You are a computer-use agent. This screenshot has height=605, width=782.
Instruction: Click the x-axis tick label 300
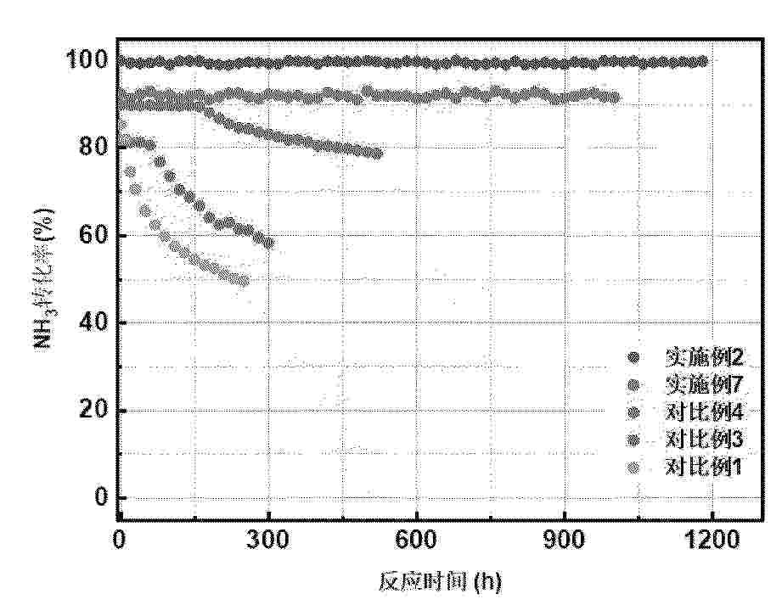pos(268,537)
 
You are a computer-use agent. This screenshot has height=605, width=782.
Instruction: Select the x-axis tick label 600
pos(416,537)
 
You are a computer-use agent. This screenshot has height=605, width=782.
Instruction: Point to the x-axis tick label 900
pos(564,537)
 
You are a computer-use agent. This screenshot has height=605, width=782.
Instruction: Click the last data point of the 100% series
pos(701,61)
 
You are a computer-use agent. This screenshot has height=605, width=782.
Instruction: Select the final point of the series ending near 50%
pos(245,281)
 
